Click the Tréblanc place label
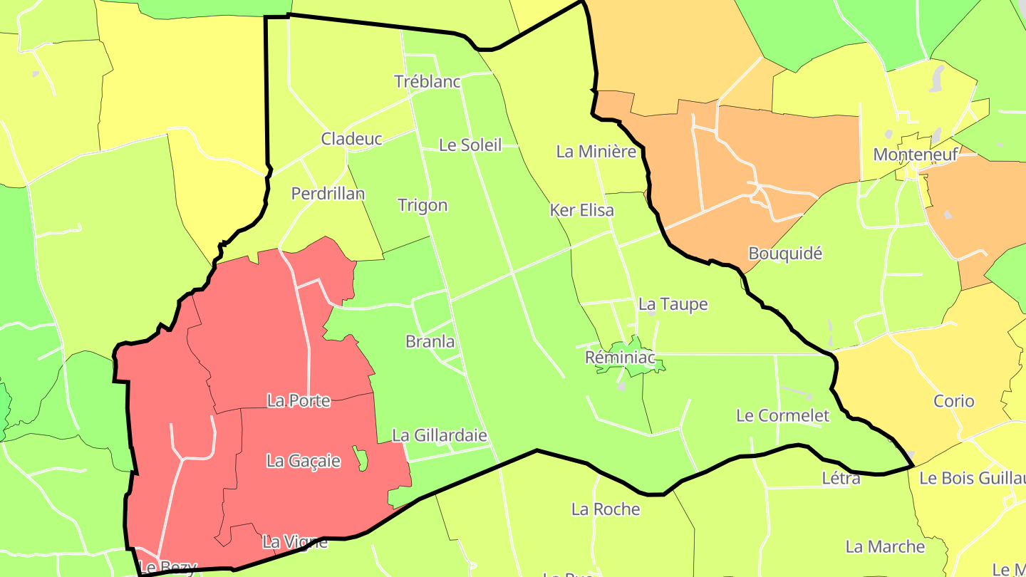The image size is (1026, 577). pyautogui.click(x=427, y=82)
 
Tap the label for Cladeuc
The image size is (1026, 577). pyautogui.click(x=351, y=139)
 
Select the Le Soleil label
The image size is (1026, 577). pyautogui.click(x=470, y=145)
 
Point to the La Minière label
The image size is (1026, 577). pyautogui.click(x=596, y=152)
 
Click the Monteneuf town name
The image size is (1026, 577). pyautogui.click(x=916, y=155)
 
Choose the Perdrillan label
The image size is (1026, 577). pyautogui.click(x=328, y=194)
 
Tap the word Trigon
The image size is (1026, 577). pyautogui.click(x=423, y=206)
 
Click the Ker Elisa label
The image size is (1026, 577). pyautogui.click(x=581, y=211)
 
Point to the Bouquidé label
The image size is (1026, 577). pyautogui.click(x=785, y=254)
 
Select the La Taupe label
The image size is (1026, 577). pyautogui.click(x=673, y=305)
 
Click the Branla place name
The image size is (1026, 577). pyautogui.click(x=430, y=342)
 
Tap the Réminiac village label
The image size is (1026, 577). pyautogui.click(x=619, y=357)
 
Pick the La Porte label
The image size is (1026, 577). pyautogui.click(x=299, y=401)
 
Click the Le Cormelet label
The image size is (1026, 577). pyautogui.click(x=783, y=415)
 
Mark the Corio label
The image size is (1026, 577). pyautogui.click(x=953, y=401)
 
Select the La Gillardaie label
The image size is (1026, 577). pyautogui.click(x=440, y=435)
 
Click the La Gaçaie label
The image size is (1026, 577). pyautogui.click(x=304, y=461)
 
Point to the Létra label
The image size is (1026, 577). pyautogui.click(x=841, y=478)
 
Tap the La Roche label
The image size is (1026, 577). pyautogui.click(x=606, y=509)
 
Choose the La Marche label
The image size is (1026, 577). pyautogui.click(x=885, y=547)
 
